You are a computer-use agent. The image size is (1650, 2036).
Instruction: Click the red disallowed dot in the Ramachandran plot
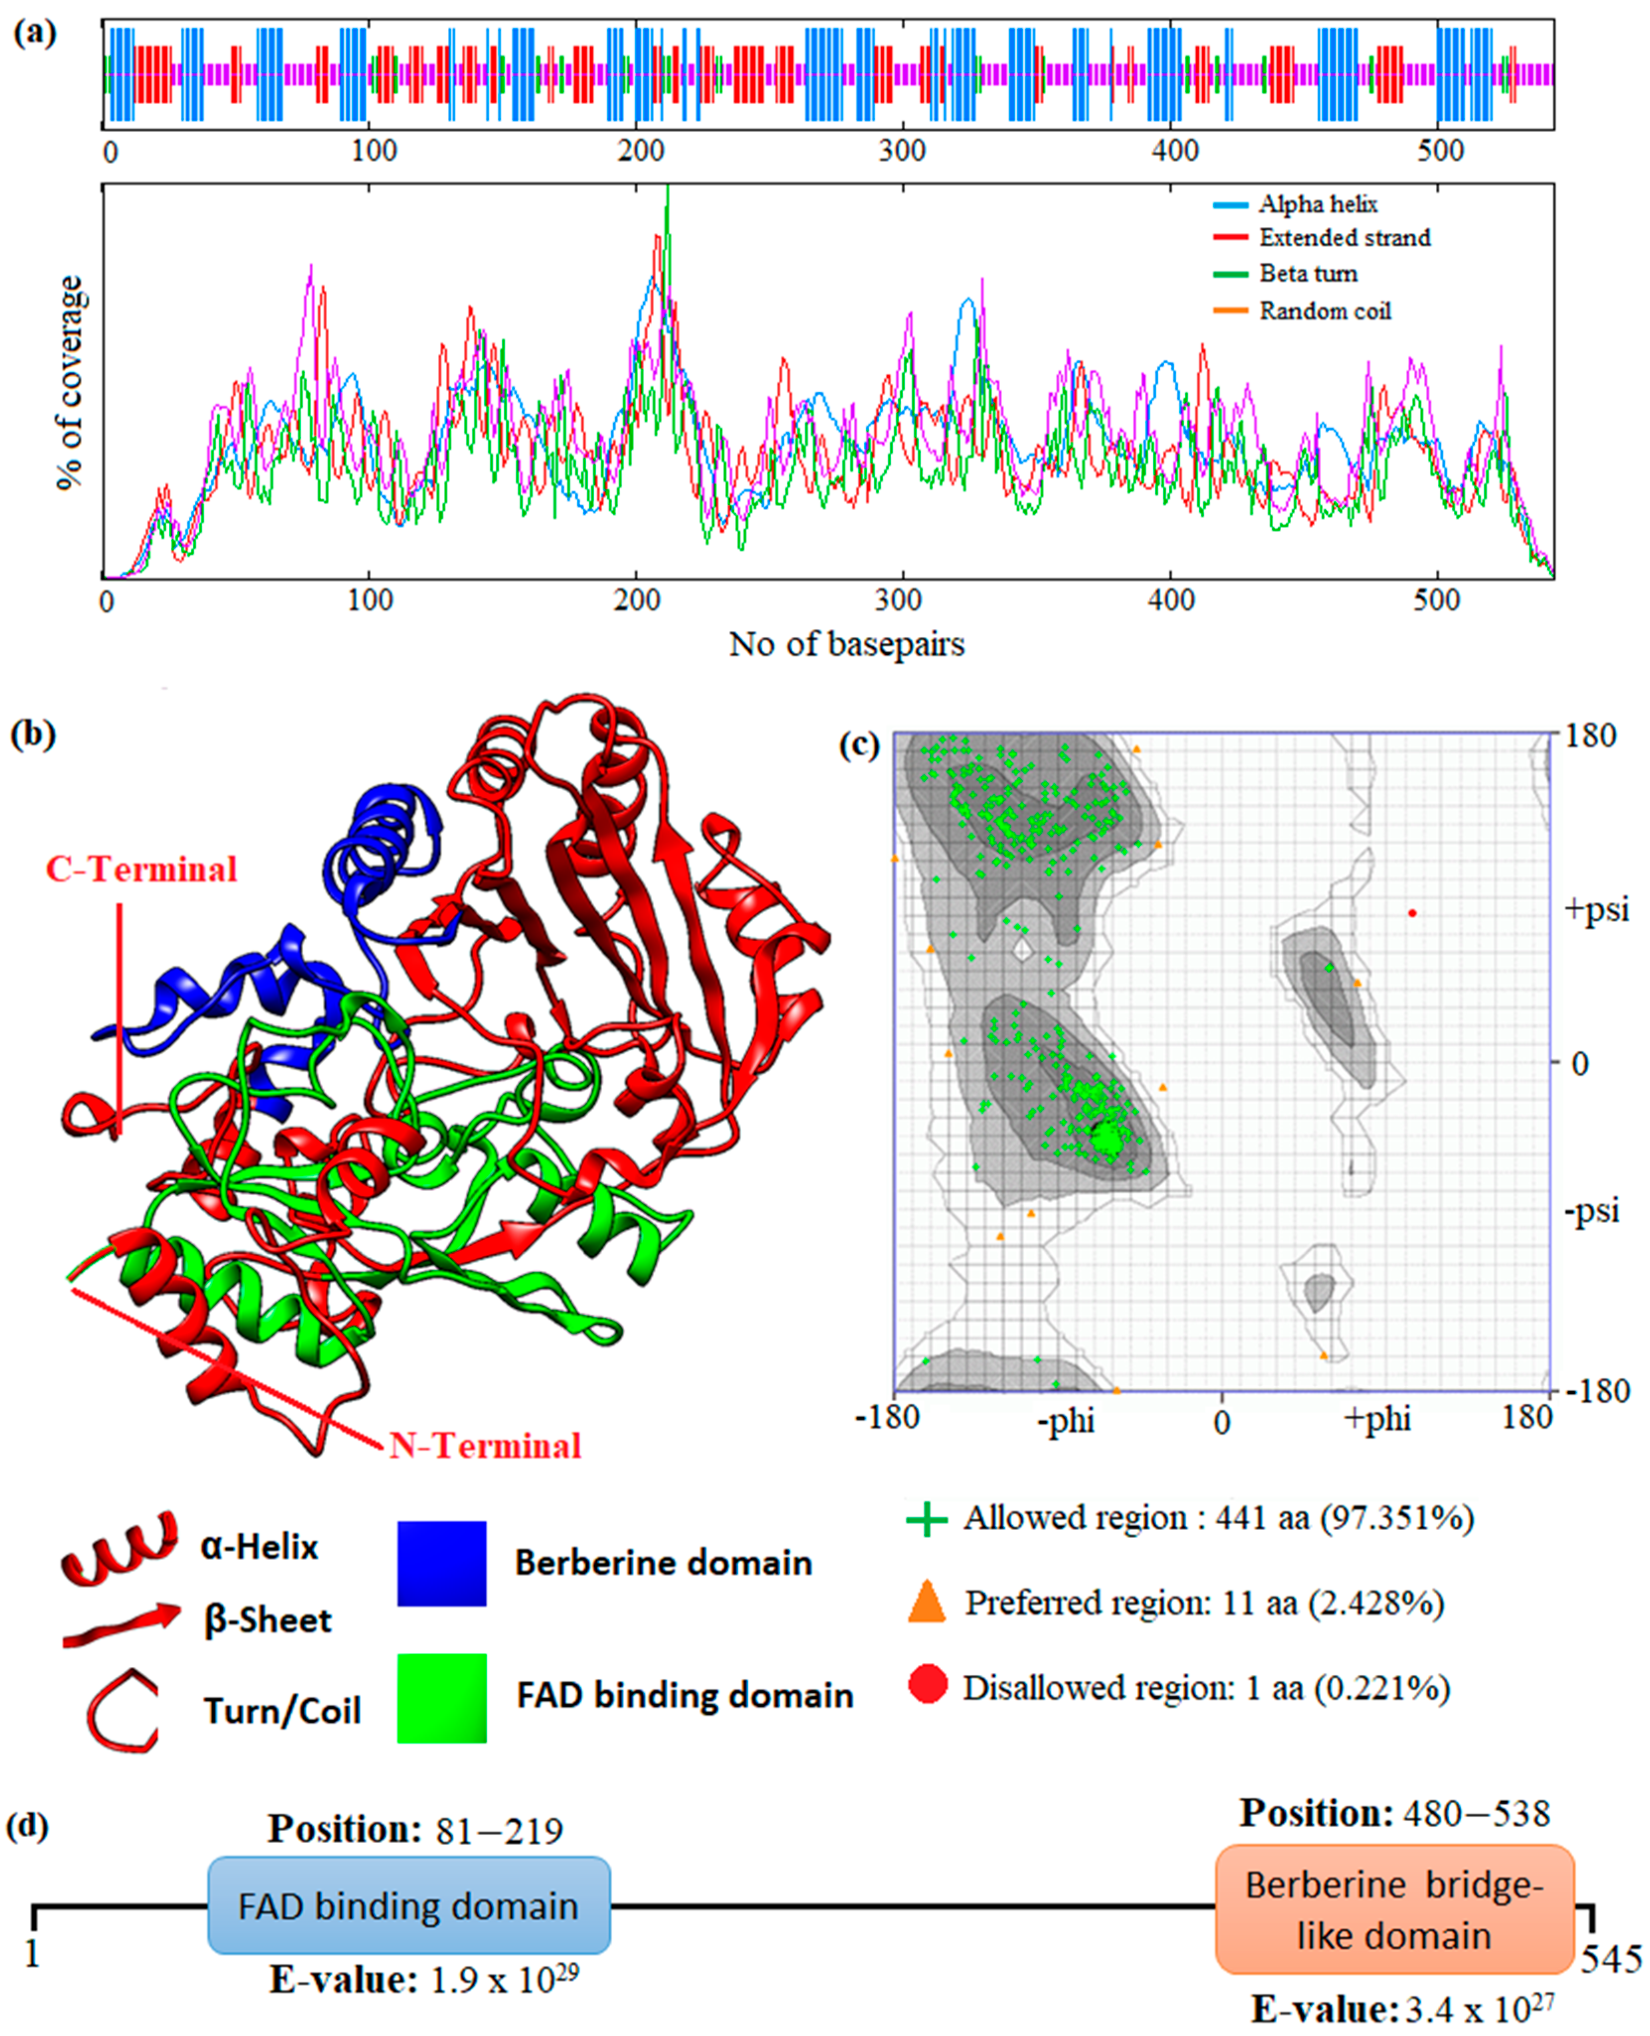pyautogui.click(x=1412, y=913)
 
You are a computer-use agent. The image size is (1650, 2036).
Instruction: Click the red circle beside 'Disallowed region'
pyautogui.click(x=928, y=1687)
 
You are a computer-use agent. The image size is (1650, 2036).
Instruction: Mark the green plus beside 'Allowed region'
pyautogui.click(x=927, y=1519)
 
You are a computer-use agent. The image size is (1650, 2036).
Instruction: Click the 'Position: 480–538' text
pyautogui.click(x=1394, y=1814)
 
